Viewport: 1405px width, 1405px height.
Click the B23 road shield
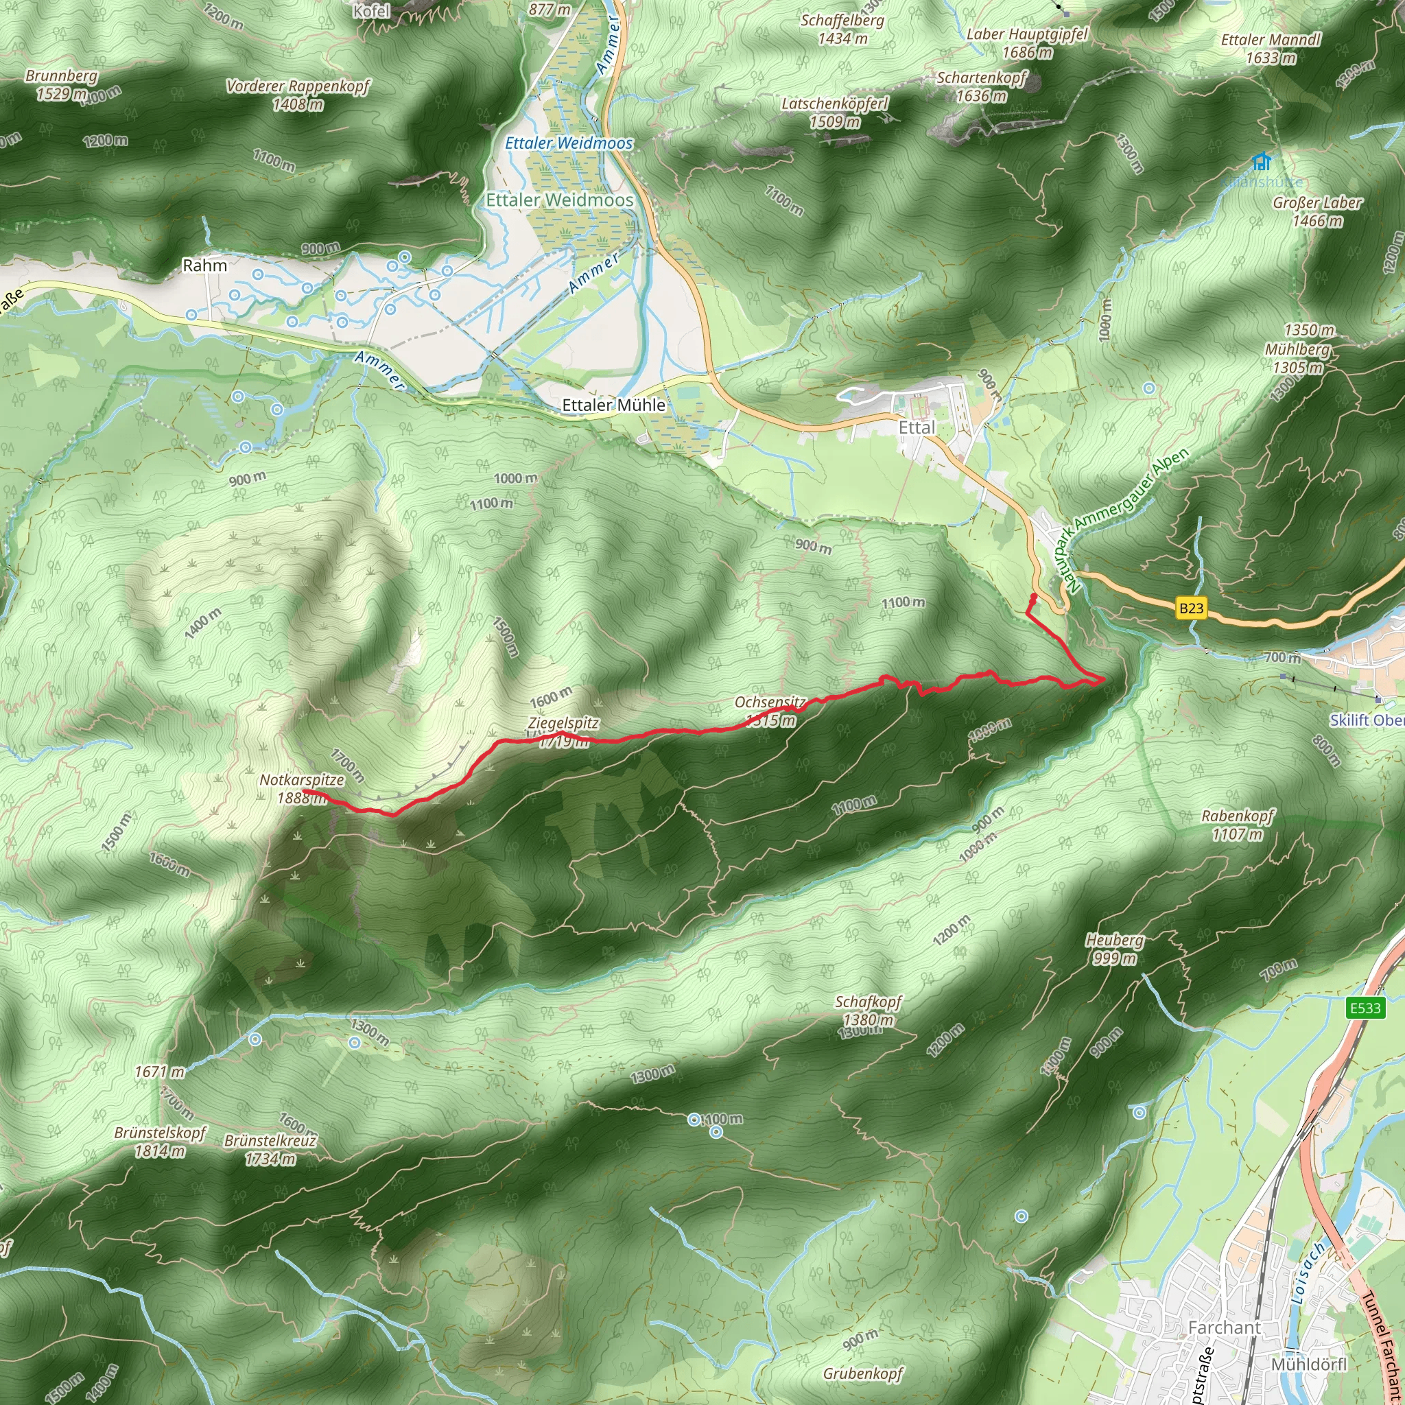click(x=1191, y=608)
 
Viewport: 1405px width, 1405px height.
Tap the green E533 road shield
click(x=1365, y=1008)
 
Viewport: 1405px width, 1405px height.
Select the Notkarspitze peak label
click(x=302, y=780)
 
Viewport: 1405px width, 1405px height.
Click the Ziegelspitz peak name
click(x=564, y=723)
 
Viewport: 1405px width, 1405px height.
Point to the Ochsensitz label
click(x=770, y=702)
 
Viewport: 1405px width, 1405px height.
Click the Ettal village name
click(x=917, y=427)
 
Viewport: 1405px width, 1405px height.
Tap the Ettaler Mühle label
click(x=614, y=405)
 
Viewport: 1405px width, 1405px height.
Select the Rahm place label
click(x=205, y=265)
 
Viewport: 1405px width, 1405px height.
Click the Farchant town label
click(x=1225, y=1328)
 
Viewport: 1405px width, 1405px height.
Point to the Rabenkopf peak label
click(x=1238, y=816)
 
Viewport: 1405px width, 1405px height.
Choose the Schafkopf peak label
click(x=868, y=1002)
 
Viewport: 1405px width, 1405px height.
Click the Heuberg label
click(x=1115, y=941)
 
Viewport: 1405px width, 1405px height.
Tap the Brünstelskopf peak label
click(x=160, y=1133)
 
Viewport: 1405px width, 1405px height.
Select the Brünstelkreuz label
click(x=270, y=1140)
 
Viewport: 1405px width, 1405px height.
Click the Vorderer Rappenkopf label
click(x=298, y=86)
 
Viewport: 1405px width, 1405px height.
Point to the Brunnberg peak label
click(x=61, y=76)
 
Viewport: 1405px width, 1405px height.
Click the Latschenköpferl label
click(x=835, y=104)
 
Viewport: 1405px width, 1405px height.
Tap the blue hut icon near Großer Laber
click(x=1262, y=161)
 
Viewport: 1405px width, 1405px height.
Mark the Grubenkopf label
click(x=862, y=1373)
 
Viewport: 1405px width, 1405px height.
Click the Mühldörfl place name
click(x=1309, y=1365)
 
